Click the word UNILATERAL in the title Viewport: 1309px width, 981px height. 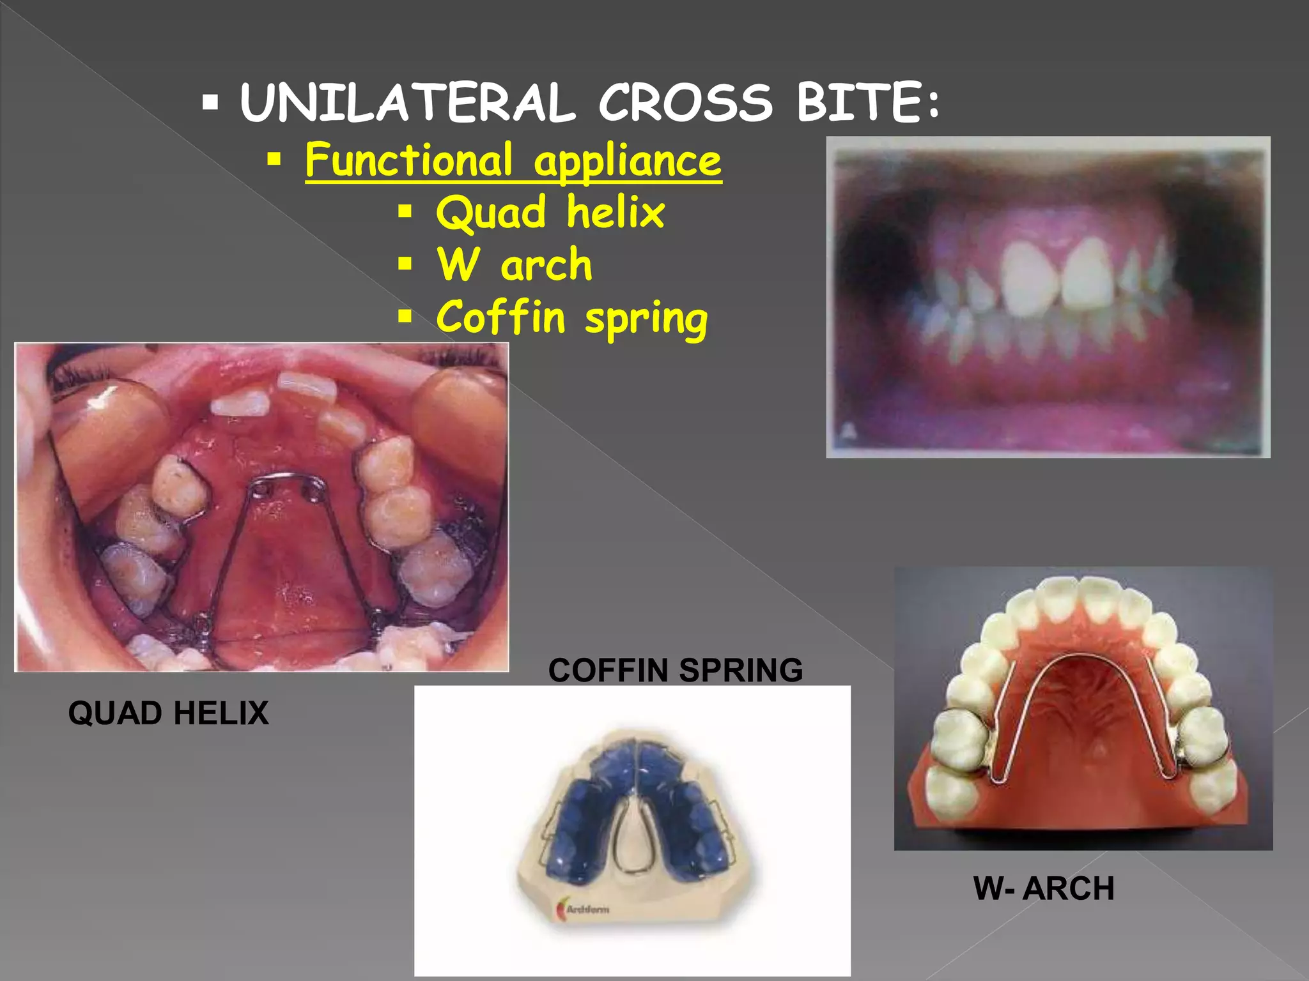[407, 103]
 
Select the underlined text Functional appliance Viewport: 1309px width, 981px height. [513, 160]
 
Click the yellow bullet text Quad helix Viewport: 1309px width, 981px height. [550, 212]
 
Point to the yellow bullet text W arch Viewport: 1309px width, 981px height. [515, 264]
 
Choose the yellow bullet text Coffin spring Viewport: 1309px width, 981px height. [572, 317]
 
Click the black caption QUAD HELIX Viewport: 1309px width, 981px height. [168, 713]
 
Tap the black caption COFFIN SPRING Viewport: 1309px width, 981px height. [675, 671]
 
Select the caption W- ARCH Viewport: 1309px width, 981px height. [1044, 888]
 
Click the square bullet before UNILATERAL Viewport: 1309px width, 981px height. [210, 102]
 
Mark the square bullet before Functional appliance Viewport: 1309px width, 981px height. [274, 159]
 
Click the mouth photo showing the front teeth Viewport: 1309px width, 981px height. [1048, 296]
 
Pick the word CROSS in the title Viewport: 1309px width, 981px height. [685, 103]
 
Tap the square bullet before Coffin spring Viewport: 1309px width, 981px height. [405, 316]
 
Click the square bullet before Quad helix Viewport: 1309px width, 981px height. [405, 211]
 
